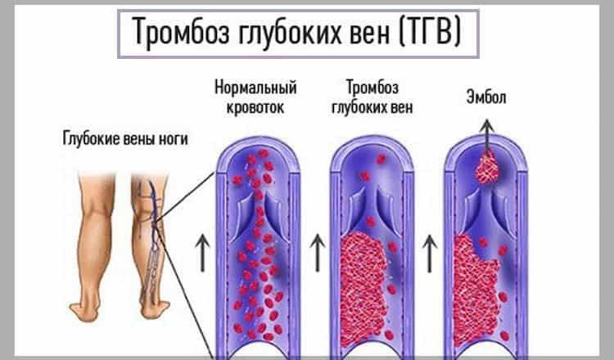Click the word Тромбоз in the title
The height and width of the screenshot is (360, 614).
tap(178, 35)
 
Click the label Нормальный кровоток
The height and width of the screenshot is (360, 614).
tap(255, 96)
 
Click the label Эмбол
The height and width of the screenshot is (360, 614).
tap(487, 96)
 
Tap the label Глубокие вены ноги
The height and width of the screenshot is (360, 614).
tap(124, 139)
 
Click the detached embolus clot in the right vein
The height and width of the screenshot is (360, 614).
tap(490, 169)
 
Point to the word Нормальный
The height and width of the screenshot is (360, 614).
tap(255, 88)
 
